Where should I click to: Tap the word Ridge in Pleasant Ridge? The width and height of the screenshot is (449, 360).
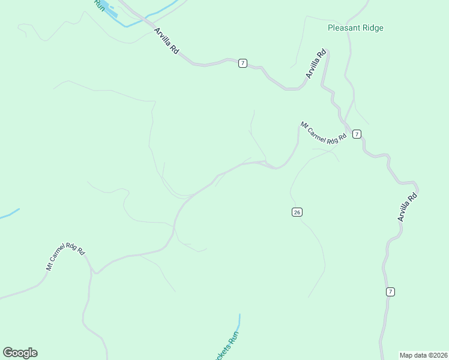click(x=372, y=28)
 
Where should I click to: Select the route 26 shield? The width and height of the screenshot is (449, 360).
click(x=297, y=212)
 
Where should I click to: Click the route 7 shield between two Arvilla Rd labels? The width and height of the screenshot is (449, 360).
click(x=242, y=63)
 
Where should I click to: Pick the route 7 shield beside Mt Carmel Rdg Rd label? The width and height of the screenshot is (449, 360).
click(x=357, y=134)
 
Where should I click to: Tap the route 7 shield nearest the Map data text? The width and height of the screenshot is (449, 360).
click(x=390, y=292)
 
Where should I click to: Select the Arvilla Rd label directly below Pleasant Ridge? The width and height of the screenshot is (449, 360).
click(x=316, y=64)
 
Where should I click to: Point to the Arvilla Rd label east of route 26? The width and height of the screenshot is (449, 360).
click(x=408, y=206)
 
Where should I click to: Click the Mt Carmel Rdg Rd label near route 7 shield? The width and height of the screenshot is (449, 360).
click(x=324, y=133)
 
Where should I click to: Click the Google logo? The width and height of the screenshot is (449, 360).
click(x=20, y=353)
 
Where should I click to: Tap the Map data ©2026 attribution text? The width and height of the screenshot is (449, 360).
click(x=424, y=355)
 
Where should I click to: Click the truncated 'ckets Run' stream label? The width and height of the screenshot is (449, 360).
click(x=226, y=346)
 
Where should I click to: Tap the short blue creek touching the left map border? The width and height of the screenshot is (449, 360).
click(x=9, y=214)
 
